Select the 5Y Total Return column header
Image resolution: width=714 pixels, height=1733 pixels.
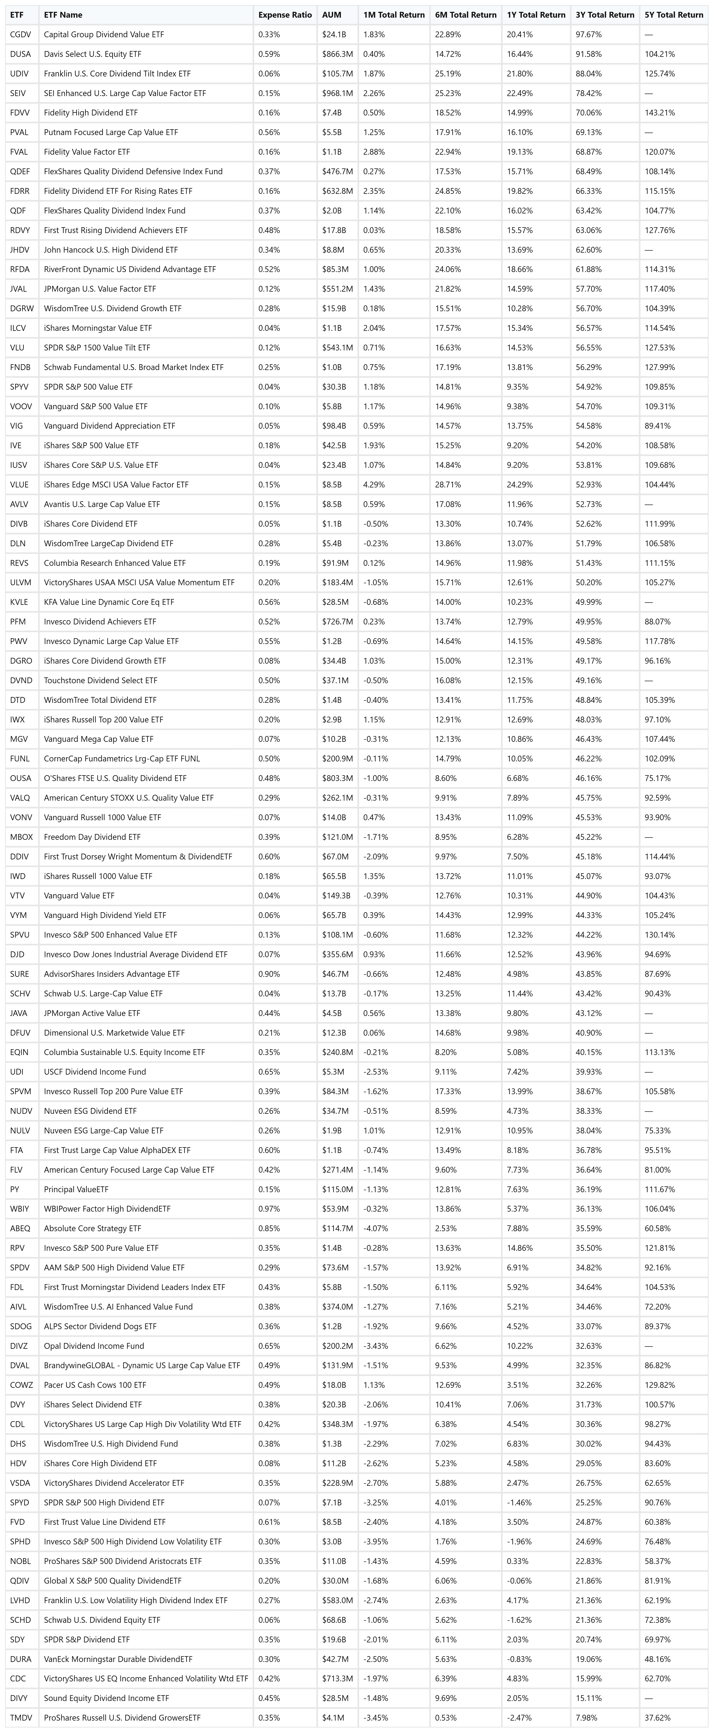coord(673,15)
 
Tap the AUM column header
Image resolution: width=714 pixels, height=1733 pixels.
coord(331,15)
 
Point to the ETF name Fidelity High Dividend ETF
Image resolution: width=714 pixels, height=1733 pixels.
coord(91,112)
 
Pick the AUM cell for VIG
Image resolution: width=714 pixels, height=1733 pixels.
coord(334,426)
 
